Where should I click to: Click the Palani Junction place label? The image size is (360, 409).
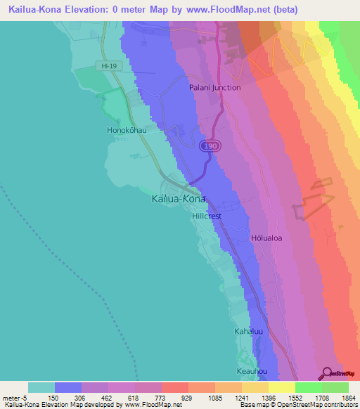tap(214, 88)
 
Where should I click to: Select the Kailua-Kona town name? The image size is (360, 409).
tap(179, 199)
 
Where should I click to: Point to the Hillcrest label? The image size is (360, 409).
tap(207, 216)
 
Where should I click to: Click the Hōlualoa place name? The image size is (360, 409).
tap(266, 238)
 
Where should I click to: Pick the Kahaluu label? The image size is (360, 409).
tap(247, 330)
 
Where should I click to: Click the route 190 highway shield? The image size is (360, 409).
tap(208, 145)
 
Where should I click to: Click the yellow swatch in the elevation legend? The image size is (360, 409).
tap(281, 387)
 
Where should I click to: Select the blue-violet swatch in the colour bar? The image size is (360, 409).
tap(67, 387)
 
